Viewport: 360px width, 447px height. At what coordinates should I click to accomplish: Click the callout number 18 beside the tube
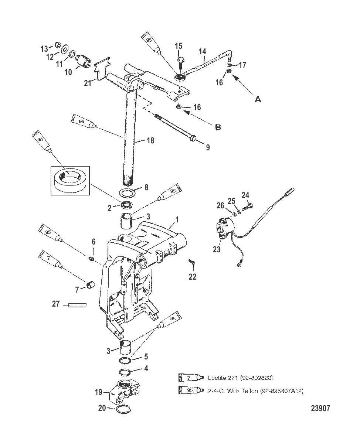point(150,140)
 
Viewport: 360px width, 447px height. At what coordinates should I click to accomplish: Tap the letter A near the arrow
point(258,99)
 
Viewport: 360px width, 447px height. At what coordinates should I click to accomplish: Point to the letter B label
point(218,127)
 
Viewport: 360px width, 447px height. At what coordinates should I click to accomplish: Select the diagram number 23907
point(320,408)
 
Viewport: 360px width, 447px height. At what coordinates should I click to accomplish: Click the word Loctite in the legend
point(217,378)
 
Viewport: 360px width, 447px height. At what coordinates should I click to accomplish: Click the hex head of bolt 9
point(193,138)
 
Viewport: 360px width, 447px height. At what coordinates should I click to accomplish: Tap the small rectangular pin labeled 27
point(77,305)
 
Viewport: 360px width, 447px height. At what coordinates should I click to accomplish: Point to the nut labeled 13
point(58,44)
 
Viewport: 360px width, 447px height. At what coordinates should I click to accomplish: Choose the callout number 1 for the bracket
point(177,219)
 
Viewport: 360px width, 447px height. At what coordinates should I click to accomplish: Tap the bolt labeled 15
point(180,63)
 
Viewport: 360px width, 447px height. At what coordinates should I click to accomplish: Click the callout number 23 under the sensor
point(216,249)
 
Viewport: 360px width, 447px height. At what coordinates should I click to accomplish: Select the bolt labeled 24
point(247,207)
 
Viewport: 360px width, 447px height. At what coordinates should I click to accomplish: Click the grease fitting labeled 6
point(91,259)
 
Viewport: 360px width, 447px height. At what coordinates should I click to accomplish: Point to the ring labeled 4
point(126,372)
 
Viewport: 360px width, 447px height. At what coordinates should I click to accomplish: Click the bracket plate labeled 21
point(102,68)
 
